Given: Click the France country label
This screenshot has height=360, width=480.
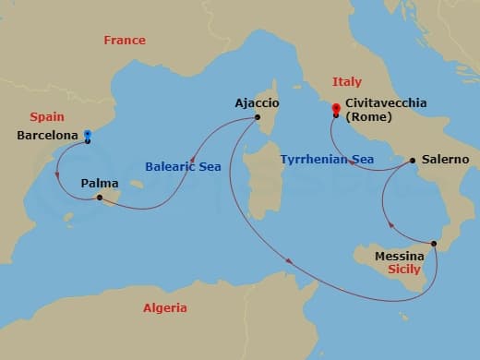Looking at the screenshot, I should click(125, 41).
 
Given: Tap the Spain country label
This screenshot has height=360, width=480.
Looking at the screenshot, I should click(46, 117).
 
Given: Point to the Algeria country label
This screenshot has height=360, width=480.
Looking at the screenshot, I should click(165, 308).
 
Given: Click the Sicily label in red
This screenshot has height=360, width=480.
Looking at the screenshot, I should click(404, 270).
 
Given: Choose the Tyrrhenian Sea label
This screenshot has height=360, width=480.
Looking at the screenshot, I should click(327, 160).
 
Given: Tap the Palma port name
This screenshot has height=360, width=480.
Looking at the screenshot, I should click(99, 184).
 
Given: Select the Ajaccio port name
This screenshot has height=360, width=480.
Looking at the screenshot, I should click(258, 103).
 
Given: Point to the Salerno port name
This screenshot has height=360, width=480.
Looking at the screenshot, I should click(444, 159).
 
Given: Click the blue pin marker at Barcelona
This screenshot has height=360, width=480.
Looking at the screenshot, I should click(87, 134).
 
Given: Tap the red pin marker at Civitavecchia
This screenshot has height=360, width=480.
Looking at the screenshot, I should click(335, 110).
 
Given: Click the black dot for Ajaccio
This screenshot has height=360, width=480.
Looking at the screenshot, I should click(258, 117).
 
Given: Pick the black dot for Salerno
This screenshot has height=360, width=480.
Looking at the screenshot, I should click(412, 159).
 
